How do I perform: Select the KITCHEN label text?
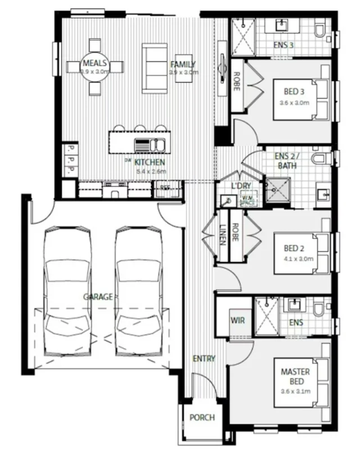(x=149, y=163)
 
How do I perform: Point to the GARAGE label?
(x=98, y=296)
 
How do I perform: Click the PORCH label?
(x=202, y=418)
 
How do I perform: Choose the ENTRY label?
(x=204, y=359)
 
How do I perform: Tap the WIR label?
(x=236, y=320)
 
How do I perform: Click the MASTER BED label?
(x=295, y=376)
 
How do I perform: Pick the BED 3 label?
(x=294, y=92)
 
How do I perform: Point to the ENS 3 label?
(x=284, y=45)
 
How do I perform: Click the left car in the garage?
(x=67, y=292)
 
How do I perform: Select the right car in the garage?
(x=138, y=292)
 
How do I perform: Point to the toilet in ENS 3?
(x=321, y=29)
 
